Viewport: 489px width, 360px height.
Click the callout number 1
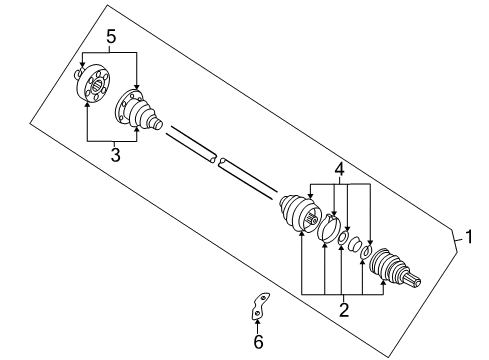[x=469, y=237]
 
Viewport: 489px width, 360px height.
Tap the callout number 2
[x=344, y=309]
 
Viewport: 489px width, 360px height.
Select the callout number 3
[x=115, y=155]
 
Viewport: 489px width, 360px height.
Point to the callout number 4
[x=339, y=169]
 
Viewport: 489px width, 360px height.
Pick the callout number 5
[x=111, y=37]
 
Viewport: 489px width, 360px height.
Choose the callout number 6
[x=258, y=341]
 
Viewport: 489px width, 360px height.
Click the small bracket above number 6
[x=260, y=306]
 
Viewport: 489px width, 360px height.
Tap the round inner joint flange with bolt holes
[x=93, y=82]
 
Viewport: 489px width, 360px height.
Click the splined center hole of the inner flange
[x=97, y=85]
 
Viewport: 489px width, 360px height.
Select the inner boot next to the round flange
[x=137, y=109]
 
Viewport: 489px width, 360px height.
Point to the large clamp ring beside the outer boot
[x=329, y=228]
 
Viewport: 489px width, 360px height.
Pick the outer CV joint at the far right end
[x=394, y=267]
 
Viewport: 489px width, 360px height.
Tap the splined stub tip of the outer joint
[x=413, y=279]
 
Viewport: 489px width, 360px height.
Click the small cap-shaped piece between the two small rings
[x=354, y=244]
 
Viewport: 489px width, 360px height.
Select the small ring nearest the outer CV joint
[x=366, y=252]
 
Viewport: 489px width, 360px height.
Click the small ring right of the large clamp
[x=343, y=238]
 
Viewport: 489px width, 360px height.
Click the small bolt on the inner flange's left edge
[x=78, y=73]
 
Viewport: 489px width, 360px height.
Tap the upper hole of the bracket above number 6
[x=263, y=298]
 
